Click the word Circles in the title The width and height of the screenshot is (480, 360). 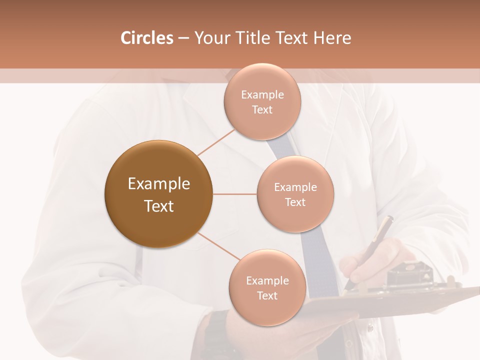pos(146,38)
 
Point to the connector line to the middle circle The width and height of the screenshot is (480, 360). pos(235,194)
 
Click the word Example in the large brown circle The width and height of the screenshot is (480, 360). pos(158,184)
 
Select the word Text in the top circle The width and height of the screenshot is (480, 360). pos(262,109)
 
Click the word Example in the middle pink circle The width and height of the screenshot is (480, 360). pos(295,187)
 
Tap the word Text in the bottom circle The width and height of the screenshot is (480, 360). pos(267,295)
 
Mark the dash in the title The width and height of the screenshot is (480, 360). pos(183,38)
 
